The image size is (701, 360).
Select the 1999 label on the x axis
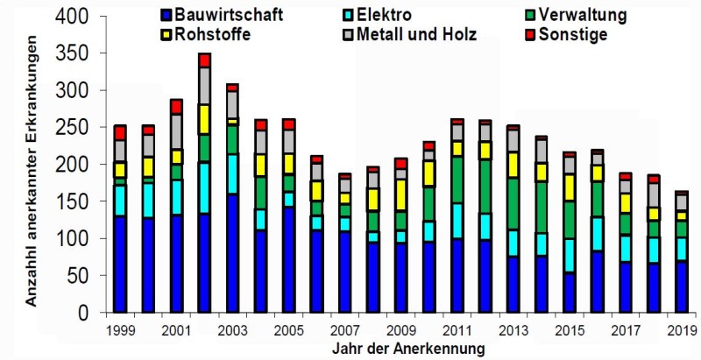click(120, 329)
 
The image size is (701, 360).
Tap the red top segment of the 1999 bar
click(120, 132)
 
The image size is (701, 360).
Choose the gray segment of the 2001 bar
click(176, 131)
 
